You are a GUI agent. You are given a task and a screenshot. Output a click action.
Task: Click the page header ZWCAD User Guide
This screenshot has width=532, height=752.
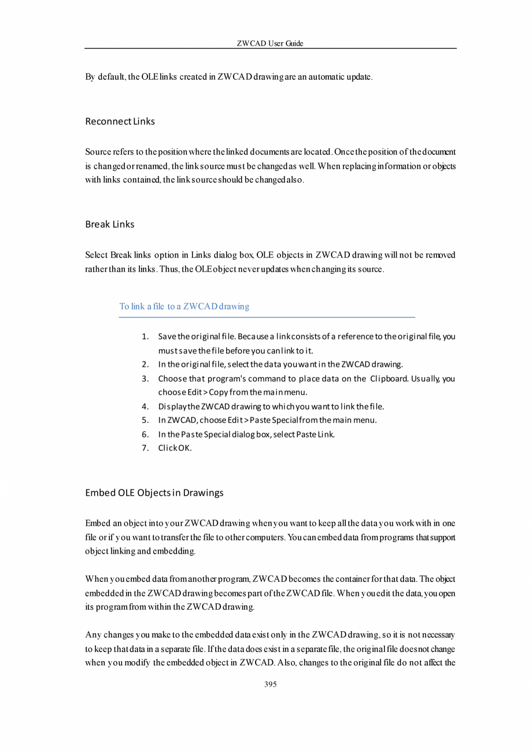coord(270,43)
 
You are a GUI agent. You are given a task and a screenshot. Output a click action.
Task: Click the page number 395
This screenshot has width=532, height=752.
coord(270,684)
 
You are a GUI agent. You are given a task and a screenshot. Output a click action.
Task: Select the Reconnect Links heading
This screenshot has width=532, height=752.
coord(120,121)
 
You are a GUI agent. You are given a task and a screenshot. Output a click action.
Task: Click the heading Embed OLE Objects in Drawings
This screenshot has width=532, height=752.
coord(154,493)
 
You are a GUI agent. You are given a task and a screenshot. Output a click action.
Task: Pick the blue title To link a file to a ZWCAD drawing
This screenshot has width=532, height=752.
coord(184,307)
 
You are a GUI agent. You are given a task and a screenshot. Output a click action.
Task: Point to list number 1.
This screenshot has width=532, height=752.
coord(146,337)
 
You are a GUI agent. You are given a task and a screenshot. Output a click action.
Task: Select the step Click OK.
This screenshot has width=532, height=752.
coord(175,448)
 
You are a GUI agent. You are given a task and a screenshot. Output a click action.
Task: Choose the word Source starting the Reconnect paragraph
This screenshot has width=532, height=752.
coord(98,152)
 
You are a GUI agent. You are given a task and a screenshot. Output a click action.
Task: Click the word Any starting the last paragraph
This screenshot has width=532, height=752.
coord(93,634)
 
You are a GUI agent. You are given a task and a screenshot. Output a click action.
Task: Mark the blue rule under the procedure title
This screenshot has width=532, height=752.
coord(267,317)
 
